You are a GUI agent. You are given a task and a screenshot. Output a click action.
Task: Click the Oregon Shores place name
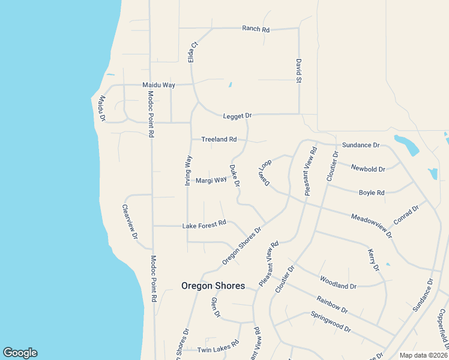point(213,286)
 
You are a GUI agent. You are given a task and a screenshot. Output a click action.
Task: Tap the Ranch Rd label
point(255,28)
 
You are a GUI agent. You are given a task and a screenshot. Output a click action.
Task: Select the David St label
point(298,70)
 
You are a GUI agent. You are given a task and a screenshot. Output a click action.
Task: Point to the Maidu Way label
point(158,85)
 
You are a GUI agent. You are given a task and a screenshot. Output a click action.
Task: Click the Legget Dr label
point(237,115)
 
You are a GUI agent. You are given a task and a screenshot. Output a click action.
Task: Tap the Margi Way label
point(211,179)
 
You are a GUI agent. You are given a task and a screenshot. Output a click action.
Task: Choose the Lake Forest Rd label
point(204,225)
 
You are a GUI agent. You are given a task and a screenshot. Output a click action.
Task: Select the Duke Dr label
point(235,175)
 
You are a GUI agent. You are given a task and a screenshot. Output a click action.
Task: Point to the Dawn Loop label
point(265,172)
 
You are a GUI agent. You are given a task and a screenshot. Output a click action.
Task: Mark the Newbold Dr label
point(368,169)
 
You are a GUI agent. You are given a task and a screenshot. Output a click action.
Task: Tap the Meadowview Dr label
point(372,225)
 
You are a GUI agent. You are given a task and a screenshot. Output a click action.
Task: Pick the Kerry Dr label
point(373,260)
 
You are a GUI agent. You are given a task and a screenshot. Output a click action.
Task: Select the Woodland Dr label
point(338,282)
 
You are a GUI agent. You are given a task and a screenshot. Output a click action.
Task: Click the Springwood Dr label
point(330,322)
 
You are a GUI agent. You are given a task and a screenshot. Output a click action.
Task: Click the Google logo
point(20,353)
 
